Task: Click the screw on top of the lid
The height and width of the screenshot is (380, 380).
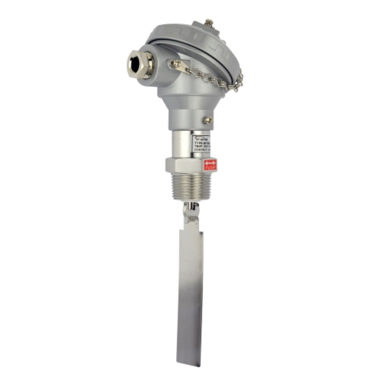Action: [208, 23]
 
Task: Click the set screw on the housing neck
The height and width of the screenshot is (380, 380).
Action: [207, 120]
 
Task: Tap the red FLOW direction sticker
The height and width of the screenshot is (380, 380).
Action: [210, 165]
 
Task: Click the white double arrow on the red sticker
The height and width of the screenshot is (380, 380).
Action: [210, 162]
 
